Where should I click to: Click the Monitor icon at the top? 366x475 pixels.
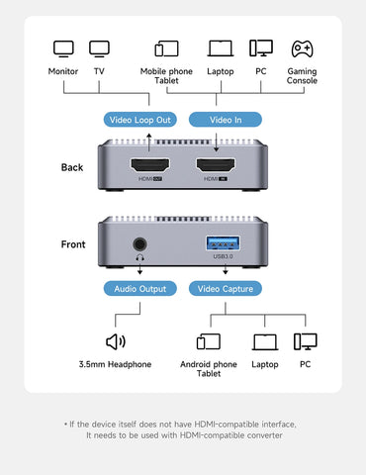[x=63, y=47]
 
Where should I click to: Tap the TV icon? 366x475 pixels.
[x=99, y=47]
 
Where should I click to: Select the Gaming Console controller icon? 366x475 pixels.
[x=303, y=47]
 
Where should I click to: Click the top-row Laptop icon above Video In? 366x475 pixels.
[x=221, y=47]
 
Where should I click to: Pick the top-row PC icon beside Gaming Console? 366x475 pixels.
[x=261, y=47]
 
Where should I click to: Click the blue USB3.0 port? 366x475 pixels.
[x=222, y=243]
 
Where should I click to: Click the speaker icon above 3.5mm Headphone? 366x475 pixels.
[x=116, y=341]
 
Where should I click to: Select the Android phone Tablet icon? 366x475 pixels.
[x=209, y=341]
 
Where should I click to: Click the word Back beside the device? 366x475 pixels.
[x=71, y=168]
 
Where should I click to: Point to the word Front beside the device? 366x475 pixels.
[x=72, y=243]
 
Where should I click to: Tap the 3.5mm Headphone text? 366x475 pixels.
[x=115, y=365]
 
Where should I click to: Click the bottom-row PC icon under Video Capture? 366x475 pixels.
[x=306, y=341]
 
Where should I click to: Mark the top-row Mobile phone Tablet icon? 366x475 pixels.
[x=166, y=47]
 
